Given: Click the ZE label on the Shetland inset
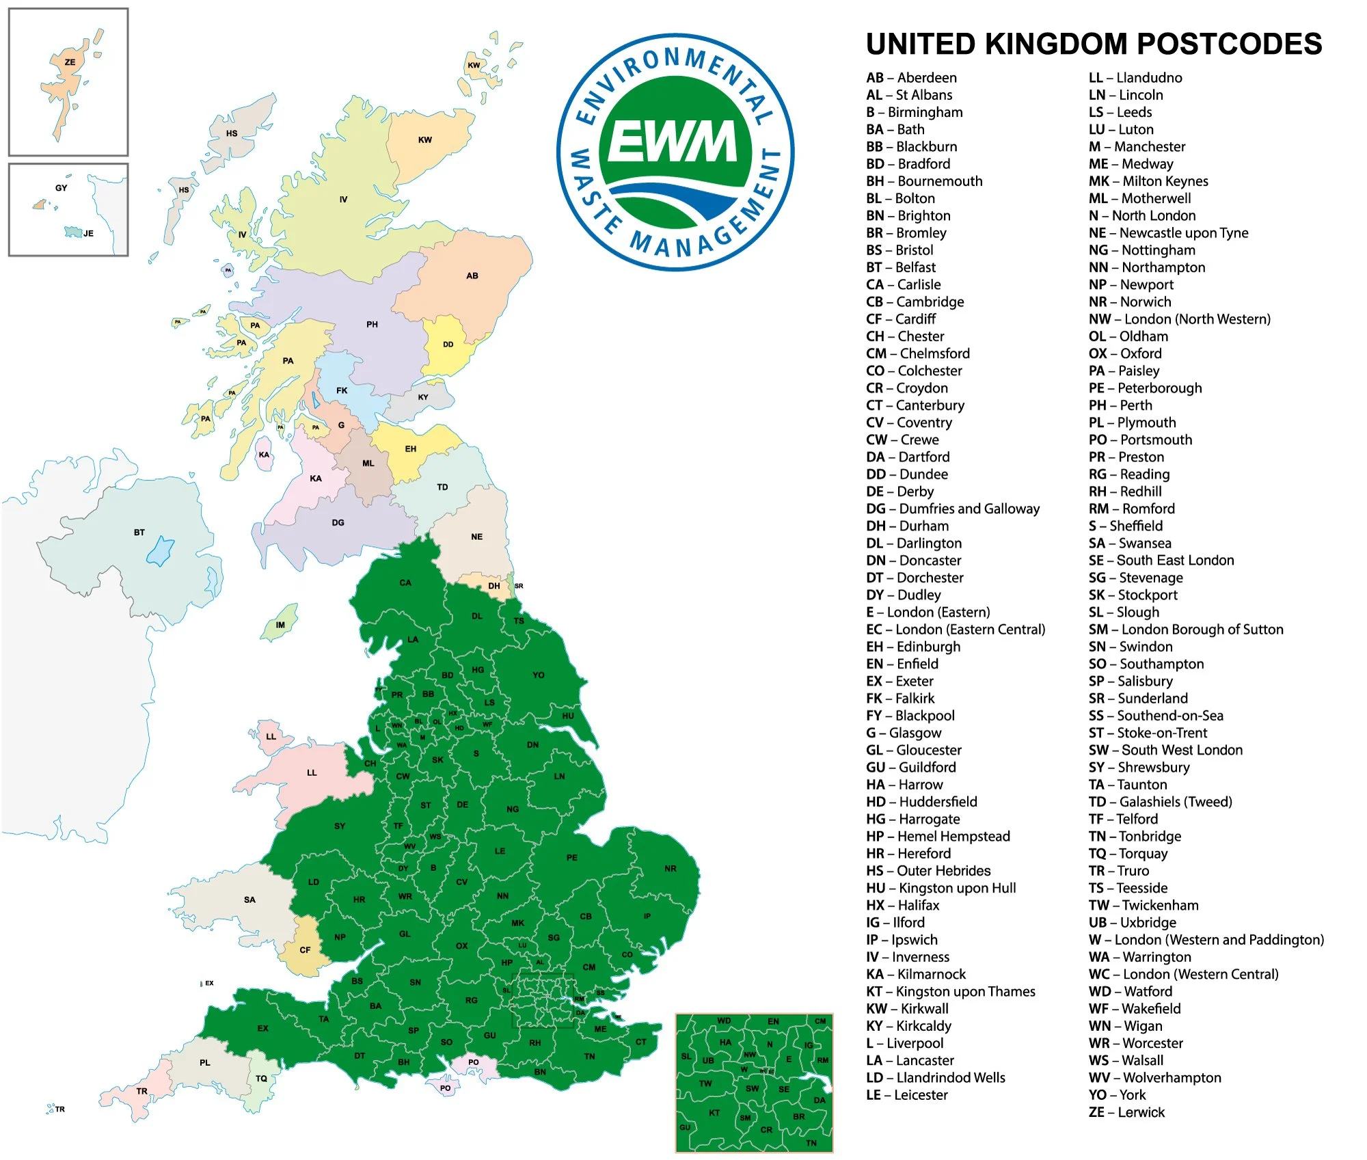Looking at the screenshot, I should pyautogui.click(x=70, y=62).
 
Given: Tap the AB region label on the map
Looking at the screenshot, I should pyautogui.click(x=472, y=276).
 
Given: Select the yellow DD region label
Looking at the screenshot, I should pyautogui.click(x=448, y=345).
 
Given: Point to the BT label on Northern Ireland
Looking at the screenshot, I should pyautogui.click(x=139, y=532).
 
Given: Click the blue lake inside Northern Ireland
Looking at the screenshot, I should pyautogui.click(x=161, y=551).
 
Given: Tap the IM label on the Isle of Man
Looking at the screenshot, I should pyautogui.click(x=280, y=625).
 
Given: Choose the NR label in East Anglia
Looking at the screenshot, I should pyautogui.click(x=671, y=869).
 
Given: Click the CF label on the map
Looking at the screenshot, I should pyautogui.click(x=305, y=950).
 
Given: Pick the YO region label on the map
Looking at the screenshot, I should pyautogui.click(x=539, y=675).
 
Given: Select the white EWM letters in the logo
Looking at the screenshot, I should pyautogui.click(x=673, y=142).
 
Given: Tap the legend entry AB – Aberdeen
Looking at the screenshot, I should pyautogui.click(x=911, y=78).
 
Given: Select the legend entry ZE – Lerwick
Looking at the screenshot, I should pyautogui.click(x=1126, y=1112).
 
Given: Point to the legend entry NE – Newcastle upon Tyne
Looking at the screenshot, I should pyautogui.click(x=1168, y=233).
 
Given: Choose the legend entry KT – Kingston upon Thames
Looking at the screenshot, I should pyautogui.click(x=950, y=992).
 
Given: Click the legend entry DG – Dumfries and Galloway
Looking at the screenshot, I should pyautogui.click(x=952, y=509).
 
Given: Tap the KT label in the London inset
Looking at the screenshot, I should pyautogui.click(x=714, y=1113).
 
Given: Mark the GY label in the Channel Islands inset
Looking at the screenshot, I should pyautogui.click(x=62, y=188).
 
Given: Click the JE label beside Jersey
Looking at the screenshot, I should pyautogui.click(x=89, y=234).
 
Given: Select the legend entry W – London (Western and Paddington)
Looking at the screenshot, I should pyautogui.click(x=1206, y=940).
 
